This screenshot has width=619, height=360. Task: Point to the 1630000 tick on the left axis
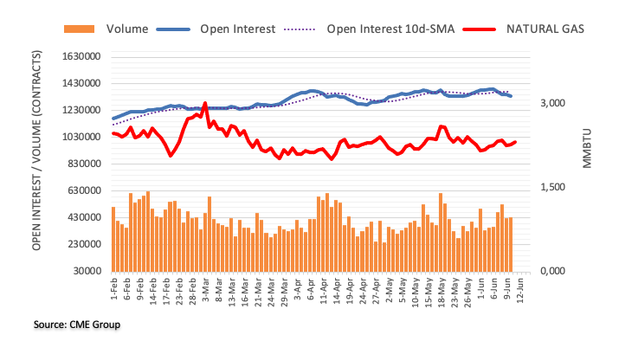(x=79, y=56)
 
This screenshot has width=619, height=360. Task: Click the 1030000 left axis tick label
(x=79, y=137)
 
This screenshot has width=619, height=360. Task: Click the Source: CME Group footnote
(x=77, y=325)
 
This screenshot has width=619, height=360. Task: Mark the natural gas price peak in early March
(x=204, y=103)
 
